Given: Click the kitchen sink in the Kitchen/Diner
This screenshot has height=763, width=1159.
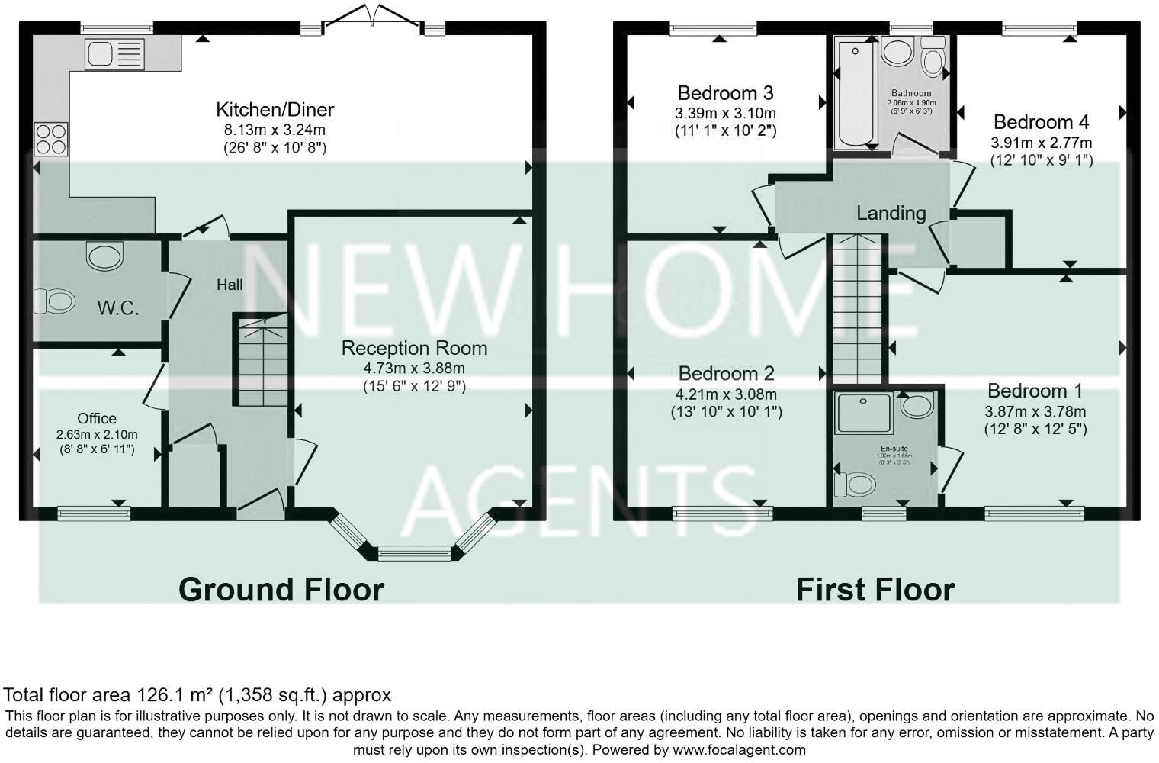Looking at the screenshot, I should pyautogui.click(x=115, y=55).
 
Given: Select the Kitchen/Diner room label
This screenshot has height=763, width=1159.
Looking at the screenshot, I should pyautogui.click(x=274, y=109).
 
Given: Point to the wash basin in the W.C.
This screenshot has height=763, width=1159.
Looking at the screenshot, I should pyautogui.click(x=104, y=256).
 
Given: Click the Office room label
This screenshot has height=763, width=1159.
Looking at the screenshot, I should pyautogui.click(x=97, y=418).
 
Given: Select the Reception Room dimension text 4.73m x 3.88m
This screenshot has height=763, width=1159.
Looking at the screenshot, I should pyautogui.click(x=414, y=368).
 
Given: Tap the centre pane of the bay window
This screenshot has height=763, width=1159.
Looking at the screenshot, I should pyautogui.click(x=416, y=552).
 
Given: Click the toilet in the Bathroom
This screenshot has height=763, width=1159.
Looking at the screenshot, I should pyautogui.click(x=932, y=59).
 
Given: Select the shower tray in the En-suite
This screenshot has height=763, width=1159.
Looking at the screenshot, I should pyautogui.click(x=864, y=413).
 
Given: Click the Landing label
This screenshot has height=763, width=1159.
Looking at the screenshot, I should pyautogui.click(x=891, y=213).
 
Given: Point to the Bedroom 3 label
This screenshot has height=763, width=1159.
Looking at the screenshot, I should pyautogui.click(x=725, y=93).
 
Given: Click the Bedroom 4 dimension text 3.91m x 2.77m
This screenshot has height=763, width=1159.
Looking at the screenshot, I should pyautogui.click(x=1041, y=143).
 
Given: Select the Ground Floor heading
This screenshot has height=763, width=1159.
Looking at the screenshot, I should pyautogui.click(x=281, y=590).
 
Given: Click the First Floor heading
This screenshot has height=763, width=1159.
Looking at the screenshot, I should pyautogui.click(x=875, y=590).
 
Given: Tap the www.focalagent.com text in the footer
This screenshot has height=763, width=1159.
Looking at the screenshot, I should pyautogui.click(x=739, y=749).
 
